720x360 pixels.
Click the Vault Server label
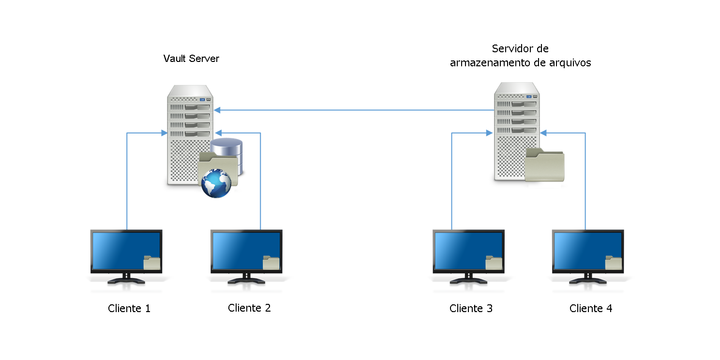(x=191, y=59)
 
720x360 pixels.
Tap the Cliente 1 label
(x=129, y=308)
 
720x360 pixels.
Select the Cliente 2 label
(x=249, y=308)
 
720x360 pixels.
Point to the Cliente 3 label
(x=471, y=308)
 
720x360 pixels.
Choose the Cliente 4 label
(x=591, y=308)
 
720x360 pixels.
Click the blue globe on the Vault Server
(x=216, y=183)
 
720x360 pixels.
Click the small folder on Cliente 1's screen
(x=152, y=262)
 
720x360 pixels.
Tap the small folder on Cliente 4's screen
(x=614, y=262)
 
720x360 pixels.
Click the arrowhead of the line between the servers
(x=217, y=110)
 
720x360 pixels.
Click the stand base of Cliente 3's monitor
(x=468, y=281)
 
